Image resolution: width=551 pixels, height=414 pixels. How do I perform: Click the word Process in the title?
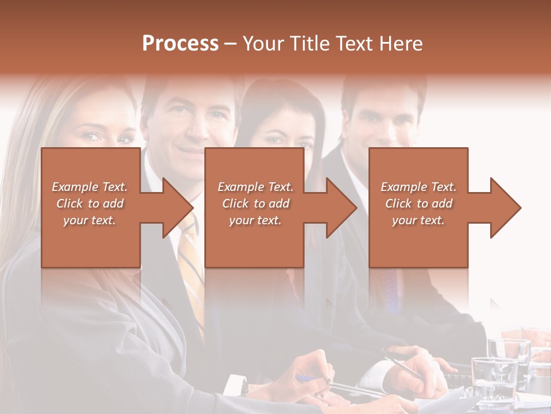[x=180, y=44]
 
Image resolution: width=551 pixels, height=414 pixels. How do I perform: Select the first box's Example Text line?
[x=90, y=187]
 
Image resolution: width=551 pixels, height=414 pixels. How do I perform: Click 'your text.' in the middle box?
[x=255, y=220]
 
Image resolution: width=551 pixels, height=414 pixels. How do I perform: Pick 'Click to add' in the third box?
[x=418, y=204]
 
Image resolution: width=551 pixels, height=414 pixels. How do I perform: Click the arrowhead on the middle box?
[x=342, y=208]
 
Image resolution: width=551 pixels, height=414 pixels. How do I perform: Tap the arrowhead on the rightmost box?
[x=505, y=208]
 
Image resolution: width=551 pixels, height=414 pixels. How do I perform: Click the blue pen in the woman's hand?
[x=307, y=378]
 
